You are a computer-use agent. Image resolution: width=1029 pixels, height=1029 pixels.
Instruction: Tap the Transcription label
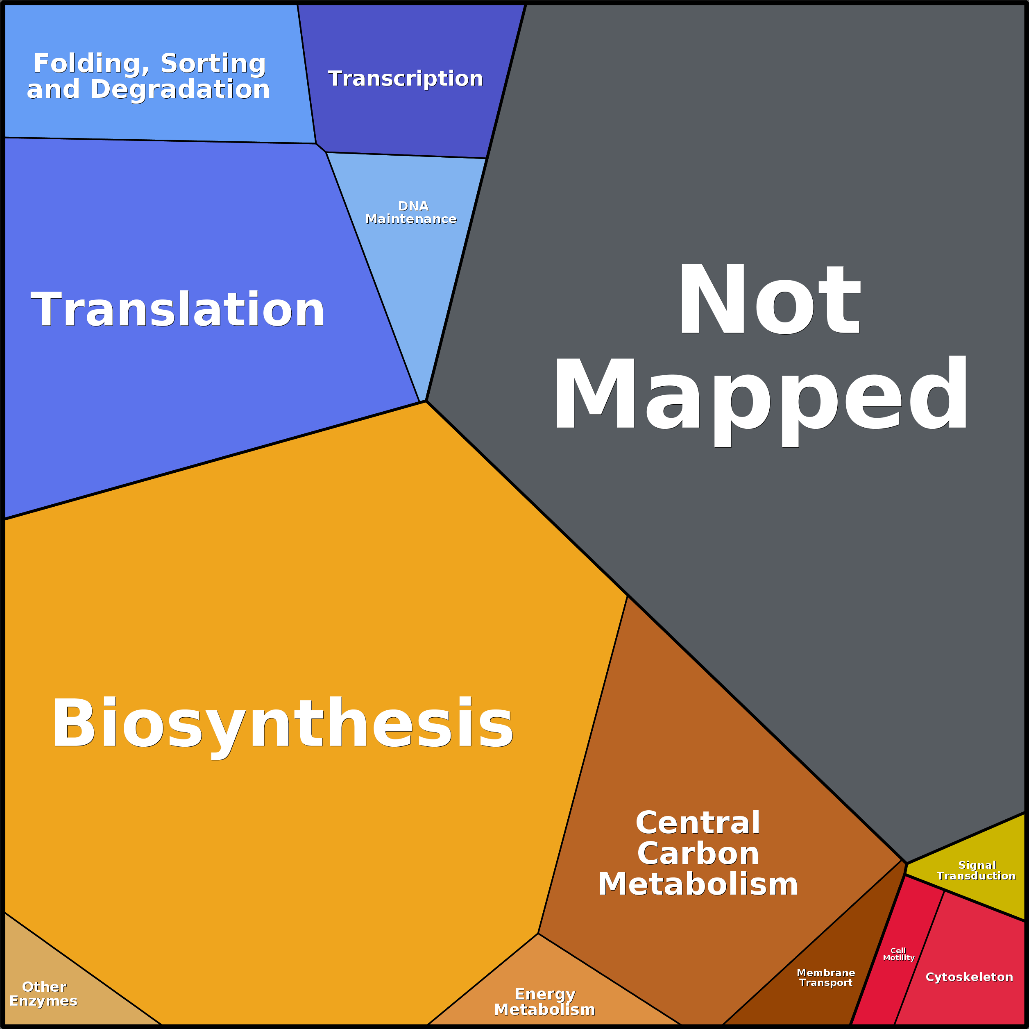(405, 78)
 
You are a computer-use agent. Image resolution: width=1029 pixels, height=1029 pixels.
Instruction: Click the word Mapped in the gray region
(761, 401)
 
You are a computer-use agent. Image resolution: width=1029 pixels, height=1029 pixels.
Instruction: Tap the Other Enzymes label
(44, 994)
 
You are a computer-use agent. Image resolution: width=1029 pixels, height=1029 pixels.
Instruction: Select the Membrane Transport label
(825, 977)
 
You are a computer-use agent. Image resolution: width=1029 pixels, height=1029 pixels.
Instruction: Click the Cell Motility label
(898, 954)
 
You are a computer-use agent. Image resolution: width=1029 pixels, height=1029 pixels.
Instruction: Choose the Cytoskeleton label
(969, 977)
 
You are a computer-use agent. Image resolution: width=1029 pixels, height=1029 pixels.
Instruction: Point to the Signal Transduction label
(976, 870)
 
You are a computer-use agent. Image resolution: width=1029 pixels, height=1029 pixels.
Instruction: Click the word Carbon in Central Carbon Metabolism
(698, 853)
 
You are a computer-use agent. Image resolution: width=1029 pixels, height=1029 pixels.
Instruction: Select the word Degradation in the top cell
(180, 89)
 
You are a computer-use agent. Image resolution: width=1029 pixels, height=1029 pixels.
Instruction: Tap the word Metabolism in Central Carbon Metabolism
(698, 884)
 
